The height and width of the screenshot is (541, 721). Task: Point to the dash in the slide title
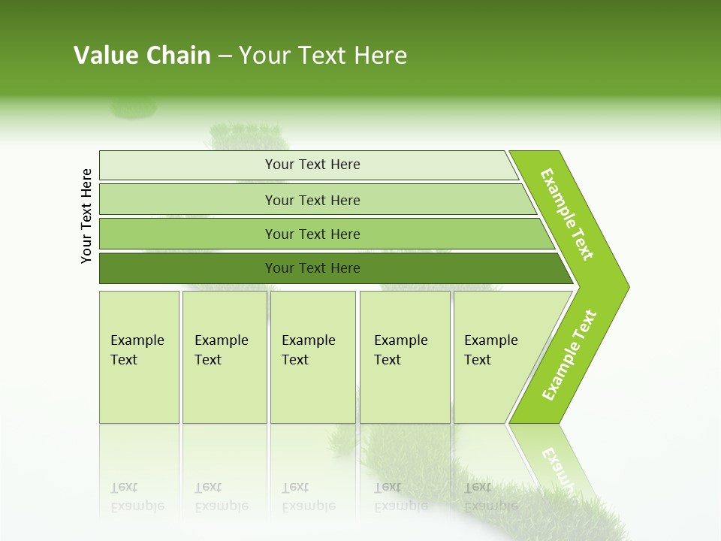click(225, 56)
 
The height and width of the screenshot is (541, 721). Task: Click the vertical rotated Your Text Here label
click(86, 216)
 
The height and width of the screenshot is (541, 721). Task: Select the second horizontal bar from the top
click(312, 200)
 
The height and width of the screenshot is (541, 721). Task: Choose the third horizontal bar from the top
click(312, 234)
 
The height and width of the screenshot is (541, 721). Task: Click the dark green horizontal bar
click(312, 268)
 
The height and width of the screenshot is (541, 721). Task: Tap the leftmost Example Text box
click(139, 357)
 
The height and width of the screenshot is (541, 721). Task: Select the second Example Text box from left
click(224, 357)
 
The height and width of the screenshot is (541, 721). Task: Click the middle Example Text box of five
click(312, 357)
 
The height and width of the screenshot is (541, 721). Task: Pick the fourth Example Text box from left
click(405, 357)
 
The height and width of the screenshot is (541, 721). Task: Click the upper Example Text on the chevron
click(567, 214)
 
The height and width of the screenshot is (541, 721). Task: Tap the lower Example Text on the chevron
click(569, 355)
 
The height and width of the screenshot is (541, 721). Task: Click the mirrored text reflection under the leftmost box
click(137, 497)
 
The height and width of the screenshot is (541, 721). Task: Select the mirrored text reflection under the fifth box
click(490, 497)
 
